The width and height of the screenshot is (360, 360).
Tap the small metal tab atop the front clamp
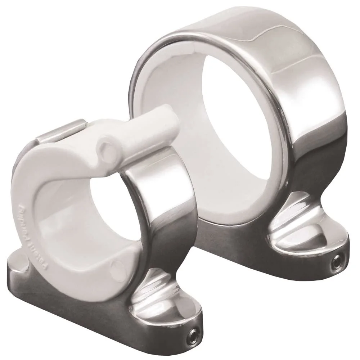(x=61, y=131)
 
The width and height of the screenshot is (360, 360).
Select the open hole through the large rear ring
(x=230, y=119)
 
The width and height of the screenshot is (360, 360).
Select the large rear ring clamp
(x=252, y=126)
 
